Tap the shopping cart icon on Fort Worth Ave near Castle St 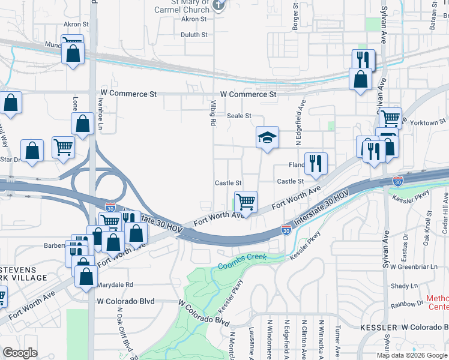(x=246, y=202)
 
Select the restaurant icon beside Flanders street (x=316, y=163)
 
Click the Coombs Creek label (x=242, y=262)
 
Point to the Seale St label (x=238, y=116)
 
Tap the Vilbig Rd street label (x=212, y=113)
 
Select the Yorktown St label (x=427, y=122)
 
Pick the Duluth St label (x=194, y=35)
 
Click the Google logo (x=20, y=352)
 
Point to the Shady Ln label (x=403, y=286)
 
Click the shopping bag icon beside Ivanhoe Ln (x=82, y=124)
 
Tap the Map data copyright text (x=413, y=355)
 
